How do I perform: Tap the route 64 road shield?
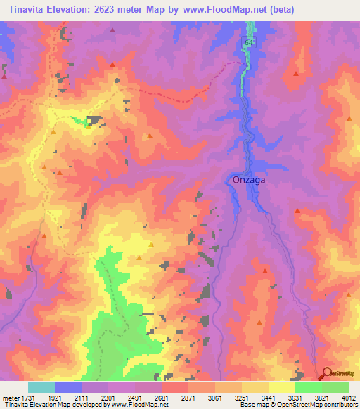[250, 43]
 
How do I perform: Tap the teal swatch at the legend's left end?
[41, 387]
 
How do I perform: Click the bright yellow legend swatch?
[281, 387]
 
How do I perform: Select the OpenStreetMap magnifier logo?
[327, 374]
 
